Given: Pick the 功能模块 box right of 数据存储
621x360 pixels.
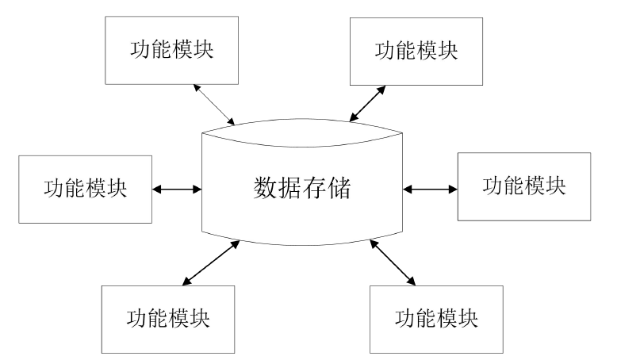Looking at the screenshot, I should pos(524,186).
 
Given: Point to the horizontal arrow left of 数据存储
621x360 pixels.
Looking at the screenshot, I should pos(176,190).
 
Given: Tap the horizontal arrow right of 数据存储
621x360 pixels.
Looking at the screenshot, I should pos(431,190).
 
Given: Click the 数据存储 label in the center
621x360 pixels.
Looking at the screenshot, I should pos(302,190).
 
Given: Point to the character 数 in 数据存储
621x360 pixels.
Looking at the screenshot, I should pos(265,190).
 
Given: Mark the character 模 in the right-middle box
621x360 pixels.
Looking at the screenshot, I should pos(535,186).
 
